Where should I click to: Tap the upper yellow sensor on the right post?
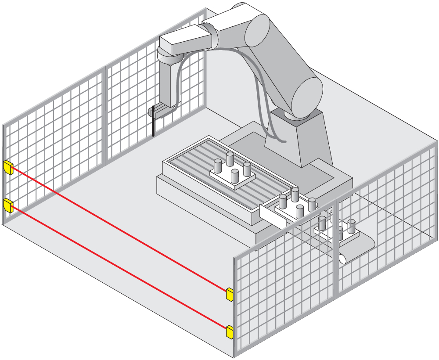click(230, 294)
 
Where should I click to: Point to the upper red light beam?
click(119, 228)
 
